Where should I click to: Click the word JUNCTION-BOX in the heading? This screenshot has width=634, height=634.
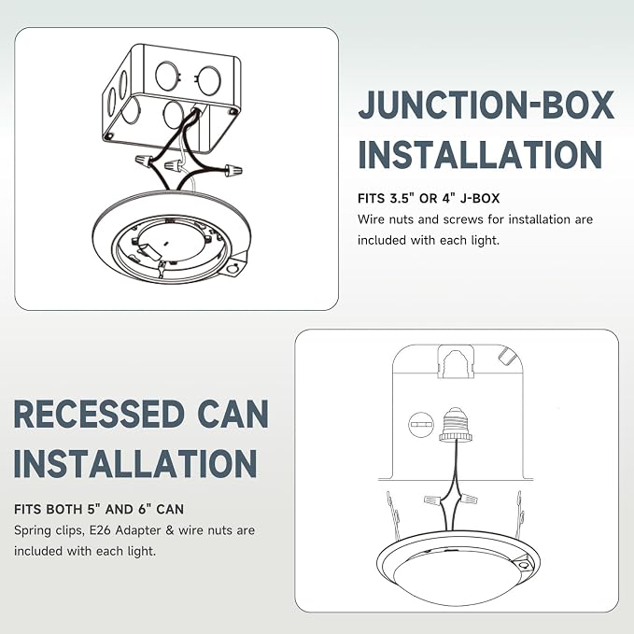(486, 106)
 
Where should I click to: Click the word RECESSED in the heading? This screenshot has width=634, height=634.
(99, 414)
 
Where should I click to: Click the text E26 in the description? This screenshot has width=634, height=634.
(100, 530)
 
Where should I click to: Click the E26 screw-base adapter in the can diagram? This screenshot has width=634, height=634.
(456, 424)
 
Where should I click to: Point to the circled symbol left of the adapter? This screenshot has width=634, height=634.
(421, 424)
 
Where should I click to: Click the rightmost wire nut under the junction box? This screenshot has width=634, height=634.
(233, 170)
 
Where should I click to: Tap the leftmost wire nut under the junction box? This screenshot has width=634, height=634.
(144, 160)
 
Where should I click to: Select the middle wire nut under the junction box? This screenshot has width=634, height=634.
(173, 165)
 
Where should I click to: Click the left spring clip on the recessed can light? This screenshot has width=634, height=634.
(393, 513)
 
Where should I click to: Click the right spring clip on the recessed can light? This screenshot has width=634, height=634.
(520, 513)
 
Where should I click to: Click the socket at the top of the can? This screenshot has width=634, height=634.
(456, 361)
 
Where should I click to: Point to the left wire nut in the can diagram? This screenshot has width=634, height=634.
(432, 500)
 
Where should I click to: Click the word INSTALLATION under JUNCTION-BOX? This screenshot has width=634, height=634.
(480, 154)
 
